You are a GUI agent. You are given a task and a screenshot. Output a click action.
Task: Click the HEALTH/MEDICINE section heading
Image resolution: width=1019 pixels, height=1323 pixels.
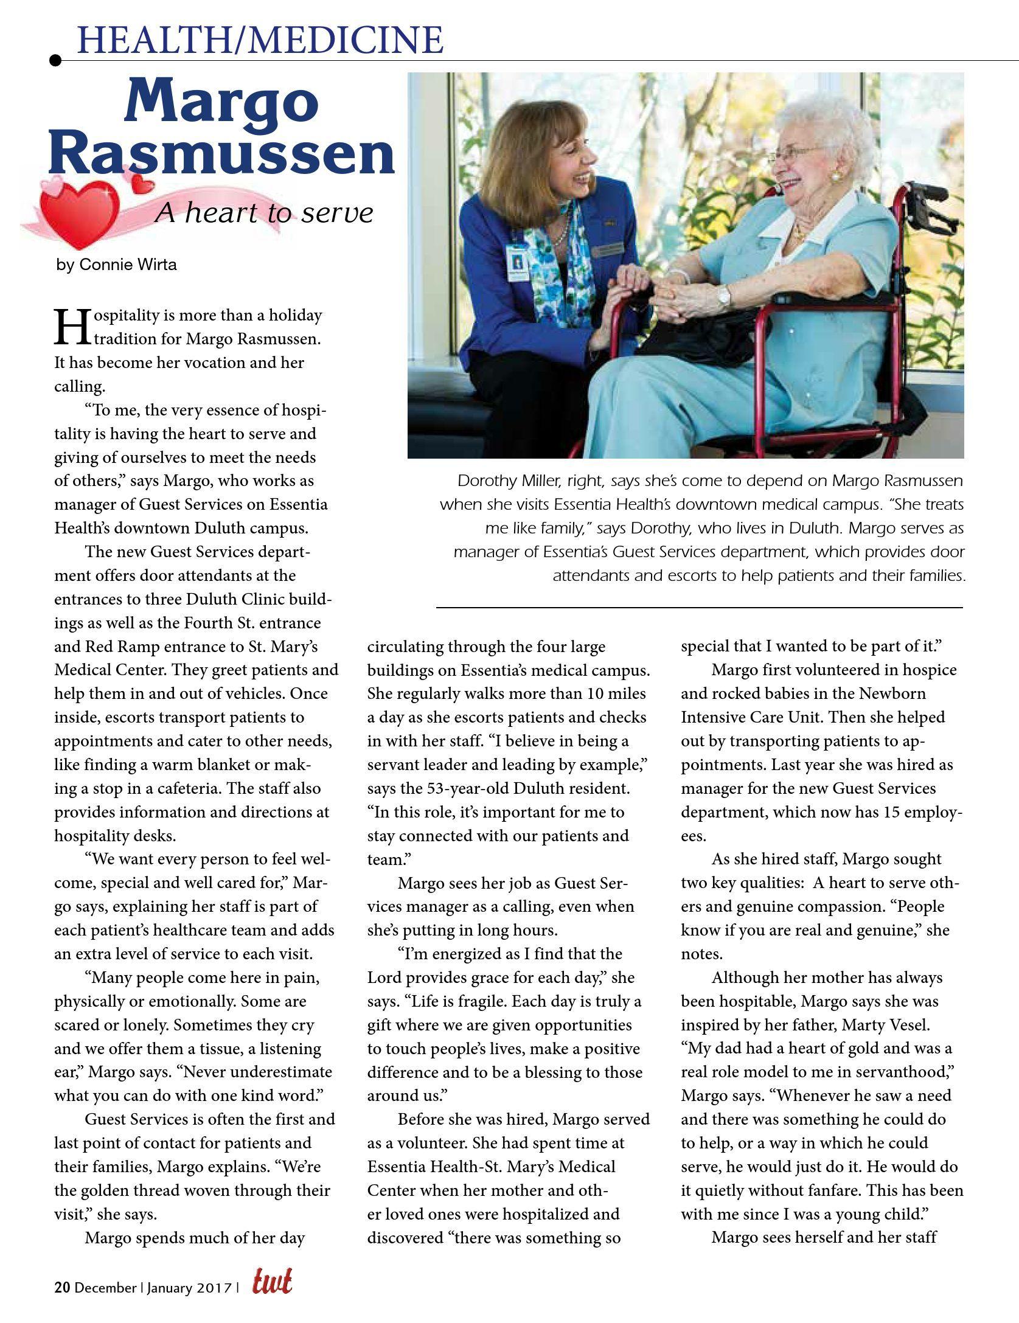click(x=260, y=40)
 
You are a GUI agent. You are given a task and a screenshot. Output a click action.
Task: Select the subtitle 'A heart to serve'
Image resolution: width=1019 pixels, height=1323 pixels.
click(x=263, y=214)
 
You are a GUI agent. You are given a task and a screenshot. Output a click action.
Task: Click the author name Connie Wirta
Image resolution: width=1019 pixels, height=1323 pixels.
click(x=127, y=265)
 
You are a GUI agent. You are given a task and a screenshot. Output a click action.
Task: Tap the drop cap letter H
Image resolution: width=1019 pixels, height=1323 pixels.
click(x=68, y=327)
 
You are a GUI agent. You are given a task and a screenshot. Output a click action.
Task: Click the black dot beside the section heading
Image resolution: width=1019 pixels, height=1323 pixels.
click(x=55, y=60)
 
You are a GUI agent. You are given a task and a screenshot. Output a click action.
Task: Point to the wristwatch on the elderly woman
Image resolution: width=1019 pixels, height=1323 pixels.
click(x=723, y=296)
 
